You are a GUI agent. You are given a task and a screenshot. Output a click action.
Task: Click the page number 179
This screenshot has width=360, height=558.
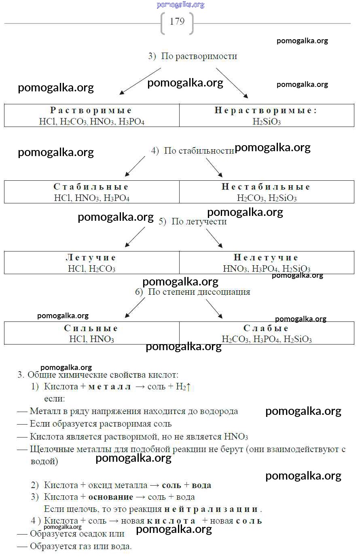click(x=177, y=22)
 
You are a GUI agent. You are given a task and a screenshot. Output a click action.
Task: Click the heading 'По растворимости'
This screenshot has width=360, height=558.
click(x=199, y=56)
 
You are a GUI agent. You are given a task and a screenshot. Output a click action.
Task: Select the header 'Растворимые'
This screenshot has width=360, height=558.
click(x=91, y=110)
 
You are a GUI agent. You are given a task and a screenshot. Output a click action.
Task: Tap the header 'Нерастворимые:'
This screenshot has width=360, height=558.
click(x=266, y=110)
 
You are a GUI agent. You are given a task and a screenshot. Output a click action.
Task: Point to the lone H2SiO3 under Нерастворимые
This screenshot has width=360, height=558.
click(x=267, y=121)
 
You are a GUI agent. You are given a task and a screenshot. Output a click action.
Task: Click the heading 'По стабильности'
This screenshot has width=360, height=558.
click(x=199, y=151)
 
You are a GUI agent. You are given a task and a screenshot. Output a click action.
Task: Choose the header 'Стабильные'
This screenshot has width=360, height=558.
click(x=91, y=187)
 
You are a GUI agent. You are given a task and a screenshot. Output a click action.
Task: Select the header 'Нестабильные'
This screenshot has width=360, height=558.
click(x=266, y=187)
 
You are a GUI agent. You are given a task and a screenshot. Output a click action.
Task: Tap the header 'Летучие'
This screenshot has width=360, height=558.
click(x=91, y=258)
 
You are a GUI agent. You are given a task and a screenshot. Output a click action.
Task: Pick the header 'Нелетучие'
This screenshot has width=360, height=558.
click(x=266, y=258)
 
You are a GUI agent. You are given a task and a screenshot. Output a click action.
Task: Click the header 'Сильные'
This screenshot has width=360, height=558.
click(x=91, y=328)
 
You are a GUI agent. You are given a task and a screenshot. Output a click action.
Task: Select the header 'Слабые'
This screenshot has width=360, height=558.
click(x=266, y=328)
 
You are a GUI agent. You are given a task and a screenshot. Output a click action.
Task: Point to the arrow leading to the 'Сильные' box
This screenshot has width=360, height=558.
click(x=135, y=308)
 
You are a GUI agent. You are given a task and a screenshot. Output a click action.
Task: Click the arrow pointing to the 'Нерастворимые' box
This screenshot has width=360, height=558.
click(x=231, y=83)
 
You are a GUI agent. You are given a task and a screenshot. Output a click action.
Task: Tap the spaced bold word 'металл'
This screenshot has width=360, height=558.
click(x=110, y=387)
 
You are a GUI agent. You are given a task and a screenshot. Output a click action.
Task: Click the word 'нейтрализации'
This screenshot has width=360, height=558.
click(x=212, y=509)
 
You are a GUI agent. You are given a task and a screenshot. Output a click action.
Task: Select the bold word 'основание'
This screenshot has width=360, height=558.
click(x=110, y=497)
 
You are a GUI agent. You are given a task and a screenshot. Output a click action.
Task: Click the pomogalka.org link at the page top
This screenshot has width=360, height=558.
click(x=180, y=5)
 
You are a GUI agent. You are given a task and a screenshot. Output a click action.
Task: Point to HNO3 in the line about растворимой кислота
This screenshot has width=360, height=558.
click(x=236, y=437)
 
